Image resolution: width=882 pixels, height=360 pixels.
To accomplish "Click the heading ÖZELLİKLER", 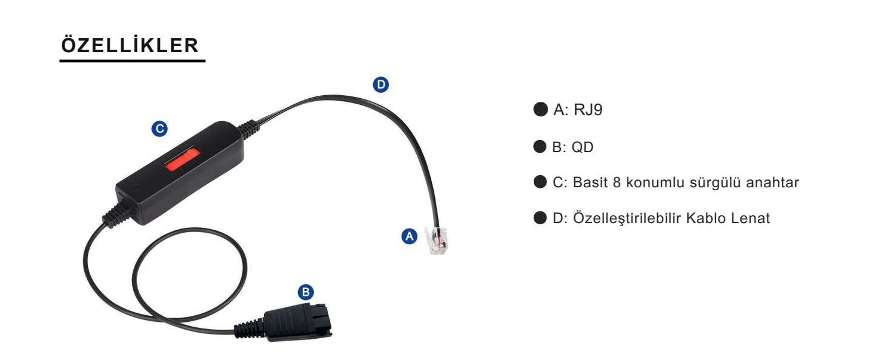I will (130, 46).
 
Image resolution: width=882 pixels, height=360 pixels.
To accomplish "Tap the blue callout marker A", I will (410, 236).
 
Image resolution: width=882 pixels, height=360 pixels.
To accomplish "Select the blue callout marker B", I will (306, 292).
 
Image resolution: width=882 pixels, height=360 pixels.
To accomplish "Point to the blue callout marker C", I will (159, 128).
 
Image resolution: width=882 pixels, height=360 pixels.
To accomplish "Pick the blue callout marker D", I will (380, 85).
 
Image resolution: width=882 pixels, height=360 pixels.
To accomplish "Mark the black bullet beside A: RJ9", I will (540, 111).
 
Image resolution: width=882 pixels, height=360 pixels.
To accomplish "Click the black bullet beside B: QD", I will (540, 147).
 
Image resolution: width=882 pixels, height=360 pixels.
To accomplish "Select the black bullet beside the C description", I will (540, 182).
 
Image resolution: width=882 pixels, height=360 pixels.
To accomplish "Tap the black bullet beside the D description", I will (540, 218).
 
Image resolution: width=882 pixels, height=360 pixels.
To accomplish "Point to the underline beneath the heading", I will (132, 61).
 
